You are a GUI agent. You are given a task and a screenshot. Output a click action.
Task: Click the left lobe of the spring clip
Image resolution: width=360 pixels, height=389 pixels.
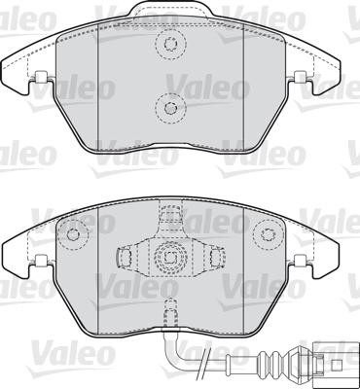pyautogui.click(x=126, y=257)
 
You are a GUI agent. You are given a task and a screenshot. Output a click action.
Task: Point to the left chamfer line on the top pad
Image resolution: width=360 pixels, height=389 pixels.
pyautogui.click(x=101, y=92)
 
